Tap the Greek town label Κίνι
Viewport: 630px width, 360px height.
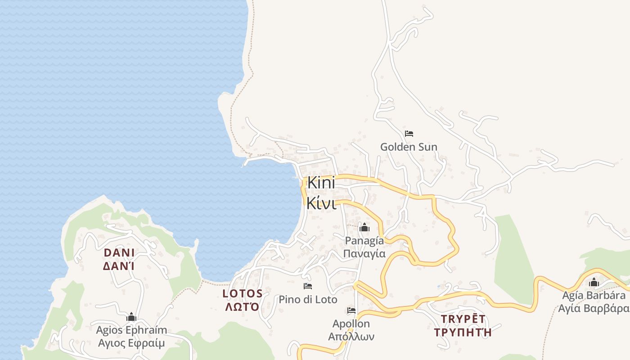[x=321, y=203]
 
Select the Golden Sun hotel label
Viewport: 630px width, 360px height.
[x=409, y=147]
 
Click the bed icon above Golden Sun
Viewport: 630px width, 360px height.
[x=409, y=134]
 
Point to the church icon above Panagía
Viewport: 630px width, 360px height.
[x=364, y=227]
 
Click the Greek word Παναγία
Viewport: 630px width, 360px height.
[x=364, y=253]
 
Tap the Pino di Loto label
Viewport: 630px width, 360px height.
[x=308, y=299]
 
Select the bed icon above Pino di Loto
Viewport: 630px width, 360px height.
[x=308, y=286]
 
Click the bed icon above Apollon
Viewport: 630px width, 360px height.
[x=351, y=310]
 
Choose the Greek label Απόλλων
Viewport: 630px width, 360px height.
[x=351, y=336]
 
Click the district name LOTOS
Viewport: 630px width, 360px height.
[x=243, y=294]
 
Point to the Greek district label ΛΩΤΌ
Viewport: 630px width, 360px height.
[x=243, y=307]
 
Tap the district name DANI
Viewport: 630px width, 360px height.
[x=119, y=252]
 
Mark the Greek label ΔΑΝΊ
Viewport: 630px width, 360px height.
[x=119, y=266]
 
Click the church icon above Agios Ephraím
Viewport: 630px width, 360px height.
[x=131, y=317]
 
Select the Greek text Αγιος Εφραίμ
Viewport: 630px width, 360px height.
[x=131, y=343]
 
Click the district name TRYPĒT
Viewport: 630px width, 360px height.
[x=463, y=319]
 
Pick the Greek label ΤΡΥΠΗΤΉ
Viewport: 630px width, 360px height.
[x=463, y=333]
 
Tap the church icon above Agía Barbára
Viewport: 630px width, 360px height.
[x=594, y=283]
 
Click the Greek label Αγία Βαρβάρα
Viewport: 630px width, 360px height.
[x=594, y=308]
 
